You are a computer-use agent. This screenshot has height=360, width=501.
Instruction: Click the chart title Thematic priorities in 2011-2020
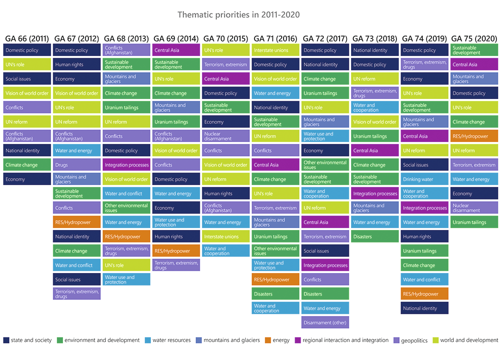pos(238,15)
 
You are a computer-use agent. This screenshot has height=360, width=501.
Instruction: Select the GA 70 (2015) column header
pos(225,38)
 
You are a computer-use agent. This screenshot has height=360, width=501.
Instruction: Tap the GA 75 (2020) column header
pos(474,38)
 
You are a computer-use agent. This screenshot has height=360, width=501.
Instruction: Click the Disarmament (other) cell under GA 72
pos(325,323)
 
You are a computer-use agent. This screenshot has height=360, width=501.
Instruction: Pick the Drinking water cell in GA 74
pos(424,179)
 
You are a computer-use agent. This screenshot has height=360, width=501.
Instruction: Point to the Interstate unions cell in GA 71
pos(276,50)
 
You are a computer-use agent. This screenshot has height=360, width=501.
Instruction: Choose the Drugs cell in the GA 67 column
pos(77,165)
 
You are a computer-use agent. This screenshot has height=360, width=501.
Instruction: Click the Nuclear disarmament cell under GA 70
pos(226,136)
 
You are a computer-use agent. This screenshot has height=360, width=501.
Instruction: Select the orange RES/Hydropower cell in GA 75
pos(474,136)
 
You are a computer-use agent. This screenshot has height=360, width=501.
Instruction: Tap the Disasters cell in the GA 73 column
pos(375,236)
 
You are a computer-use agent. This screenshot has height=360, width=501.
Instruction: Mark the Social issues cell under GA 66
pos(27,79)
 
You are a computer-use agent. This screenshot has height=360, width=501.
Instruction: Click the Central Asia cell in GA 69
pos(176,50)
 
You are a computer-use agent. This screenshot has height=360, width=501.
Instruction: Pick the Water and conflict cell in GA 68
pos(127,193)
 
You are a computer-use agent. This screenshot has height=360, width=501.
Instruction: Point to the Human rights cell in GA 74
pos(424,236)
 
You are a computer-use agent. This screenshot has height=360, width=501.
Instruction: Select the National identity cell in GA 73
pos(375,50)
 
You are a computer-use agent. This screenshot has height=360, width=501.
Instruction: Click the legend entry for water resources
pos(168,340)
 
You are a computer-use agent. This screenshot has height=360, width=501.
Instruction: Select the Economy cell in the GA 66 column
pos(27,179)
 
